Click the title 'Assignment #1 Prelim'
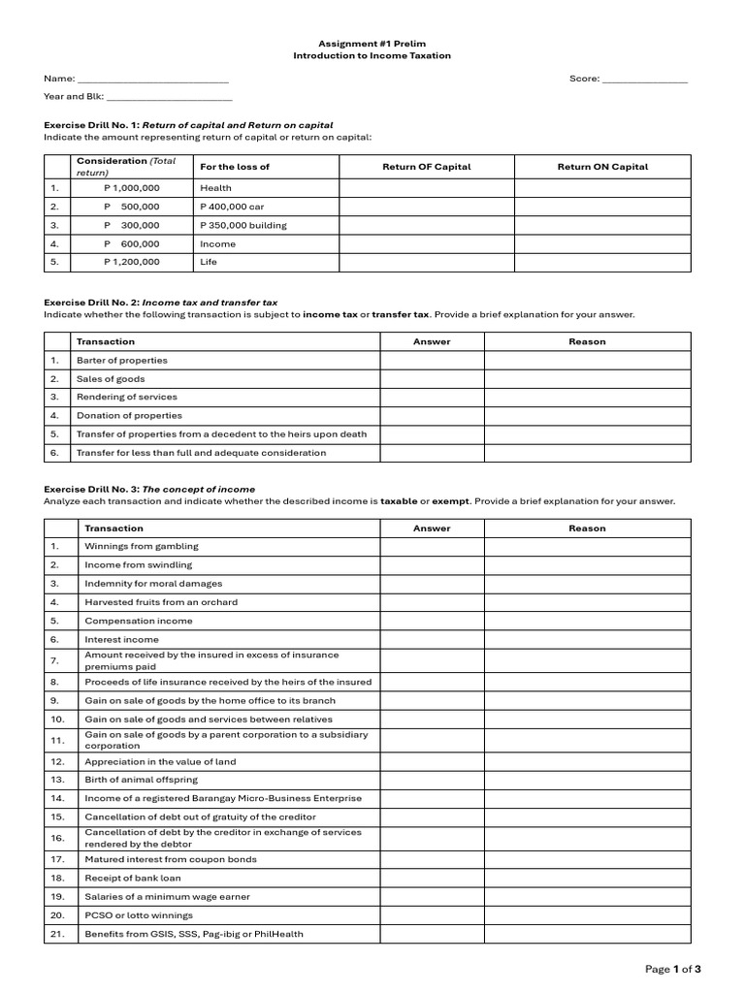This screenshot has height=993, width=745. pyautogui.click(x=372, y=44)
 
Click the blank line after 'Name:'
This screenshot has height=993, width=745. pyautogui.click(x=152, y=80)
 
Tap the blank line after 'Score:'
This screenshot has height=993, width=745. pyautogui.click(x=644, y=80)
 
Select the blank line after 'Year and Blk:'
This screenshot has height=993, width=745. pyautogui.click(x=170, y=98)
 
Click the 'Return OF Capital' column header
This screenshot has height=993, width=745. pyautogui.click(x=426, y=167)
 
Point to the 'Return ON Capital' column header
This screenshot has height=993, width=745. pyautogui.click(x=602, y=167)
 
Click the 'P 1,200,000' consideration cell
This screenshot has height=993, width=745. pyautogui.click(x=132, y=262)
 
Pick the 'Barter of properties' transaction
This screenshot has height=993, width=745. pyautogui.click(x=122, y=360)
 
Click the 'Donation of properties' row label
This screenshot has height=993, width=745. pyautogui.click(x=129, y=415)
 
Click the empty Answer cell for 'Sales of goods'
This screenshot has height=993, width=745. pyautogui.click(x=432, y=378)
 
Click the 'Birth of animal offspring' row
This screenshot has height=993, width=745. pyautogui.click(x=141, y=780)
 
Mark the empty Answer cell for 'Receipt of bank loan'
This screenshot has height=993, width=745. pyautogui.click(x=432, y=879)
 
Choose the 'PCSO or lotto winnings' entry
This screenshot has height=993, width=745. pyautogui.click(x=139, y=915)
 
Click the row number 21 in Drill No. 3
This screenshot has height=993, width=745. pyautogui.click(x=56, y=934)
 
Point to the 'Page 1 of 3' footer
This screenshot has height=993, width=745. pyautogui.click(x=673, y=968)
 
